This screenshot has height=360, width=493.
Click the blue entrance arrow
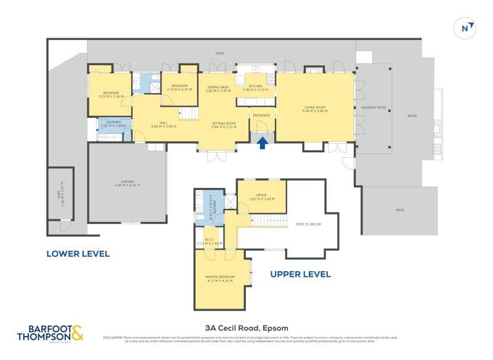click(x=262, y=143)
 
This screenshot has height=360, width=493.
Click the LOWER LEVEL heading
click(x=78, y=253)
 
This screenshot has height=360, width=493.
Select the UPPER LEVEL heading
click(x=300, y=274)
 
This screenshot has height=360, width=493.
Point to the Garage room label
click(x=127, y=182)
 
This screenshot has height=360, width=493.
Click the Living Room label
click(x=314, y=108)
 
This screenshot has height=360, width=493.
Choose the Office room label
click(x=261, y=197)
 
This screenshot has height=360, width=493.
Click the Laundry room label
click(x=112, y=123)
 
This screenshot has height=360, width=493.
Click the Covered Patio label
click(x=373, y=107)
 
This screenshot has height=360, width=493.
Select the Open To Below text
click(x=308, y=224)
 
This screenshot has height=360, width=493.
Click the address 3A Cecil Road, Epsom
click(x=246, y=328)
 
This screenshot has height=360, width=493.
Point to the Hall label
click(x=163, y=124)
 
